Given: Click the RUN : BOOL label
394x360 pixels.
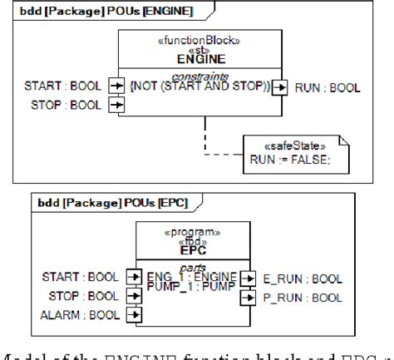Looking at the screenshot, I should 328,86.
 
